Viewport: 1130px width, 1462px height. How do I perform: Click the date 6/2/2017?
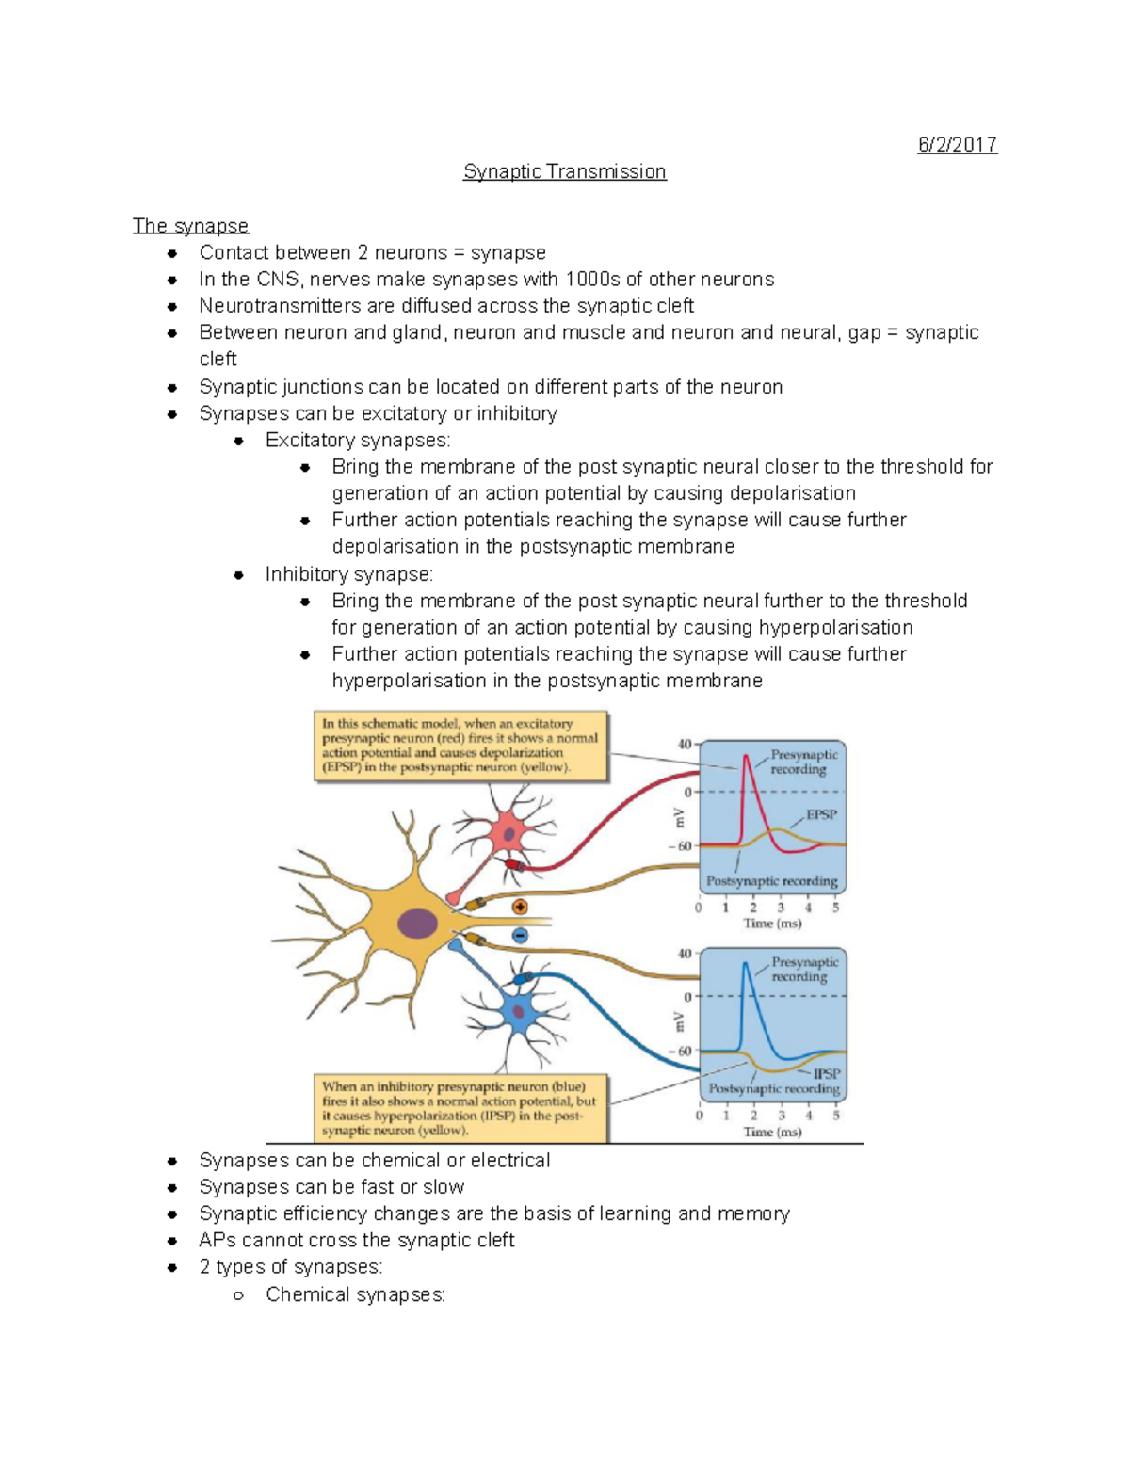[957, 145]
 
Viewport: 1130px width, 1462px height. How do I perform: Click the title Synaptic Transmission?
[564, 171]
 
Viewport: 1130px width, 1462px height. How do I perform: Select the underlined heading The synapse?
[190, 226]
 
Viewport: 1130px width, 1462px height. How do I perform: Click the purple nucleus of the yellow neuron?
[417, 924]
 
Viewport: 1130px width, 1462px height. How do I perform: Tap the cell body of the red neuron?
[509, 832]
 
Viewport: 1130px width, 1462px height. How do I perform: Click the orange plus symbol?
[520, 908]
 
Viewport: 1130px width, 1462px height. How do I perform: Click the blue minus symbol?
[520, 935]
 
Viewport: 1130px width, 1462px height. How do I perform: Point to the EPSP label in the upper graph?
[821, 814]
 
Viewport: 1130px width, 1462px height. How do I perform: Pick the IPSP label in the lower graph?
[827, 1073]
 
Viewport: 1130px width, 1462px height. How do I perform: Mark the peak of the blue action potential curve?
[747, 963]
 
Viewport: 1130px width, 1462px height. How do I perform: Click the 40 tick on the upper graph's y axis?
[685, 745]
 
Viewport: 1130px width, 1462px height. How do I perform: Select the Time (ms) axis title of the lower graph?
[772, 1132]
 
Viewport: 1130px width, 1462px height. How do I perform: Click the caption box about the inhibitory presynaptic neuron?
[460, 1108]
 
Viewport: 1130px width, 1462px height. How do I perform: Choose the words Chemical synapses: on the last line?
[355, 1294]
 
